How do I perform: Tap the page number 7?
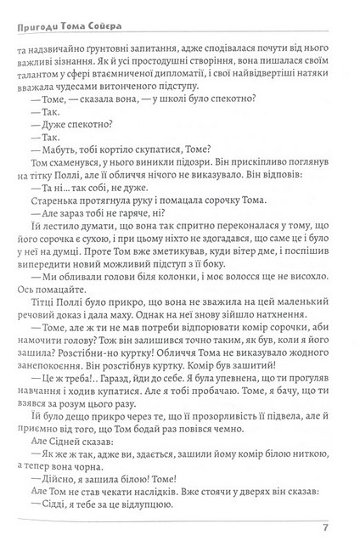pyautogui.click(x=326, y=532)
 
